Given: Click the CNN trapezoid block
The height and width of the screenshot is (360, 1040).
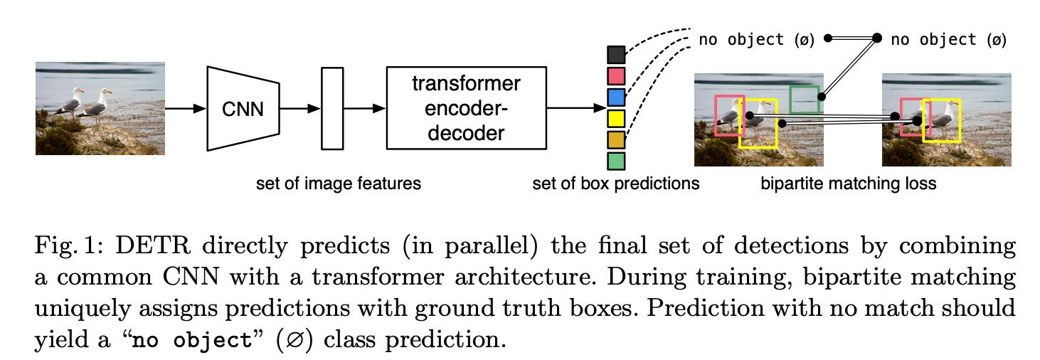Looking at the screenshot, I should (242, 109).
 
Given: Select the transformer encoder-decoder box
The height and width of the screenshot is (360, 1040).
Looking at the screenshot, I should (466, 108).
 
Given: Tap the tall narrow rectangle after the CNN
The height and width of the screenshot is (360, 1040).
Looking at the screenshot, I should (332, 108).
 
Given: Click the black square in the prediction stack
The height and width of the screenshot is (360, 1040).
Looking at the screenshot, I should (616, 55).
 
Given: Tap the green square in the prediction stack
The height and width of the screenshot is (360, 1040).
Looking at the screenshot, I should (616, 161).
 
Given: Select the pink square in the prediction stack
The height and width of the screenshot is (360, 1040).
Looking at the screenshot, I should (616, 75).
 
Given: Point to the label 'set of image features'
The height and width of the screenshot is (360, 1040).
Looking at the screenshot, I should (339, 184).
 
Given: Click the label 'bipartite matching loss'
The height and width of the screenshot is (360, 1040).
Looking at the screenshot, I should (849, 184).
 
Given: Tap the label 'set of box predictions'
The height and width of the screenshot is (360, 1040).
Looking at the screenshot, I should (616, 184).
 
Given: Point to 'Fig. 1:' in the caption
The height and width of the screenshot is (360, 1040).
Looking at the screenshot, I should (60, 248).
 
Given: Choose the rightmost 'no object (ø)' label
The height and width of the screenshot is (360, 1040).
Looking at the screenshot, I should (948, 39).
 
